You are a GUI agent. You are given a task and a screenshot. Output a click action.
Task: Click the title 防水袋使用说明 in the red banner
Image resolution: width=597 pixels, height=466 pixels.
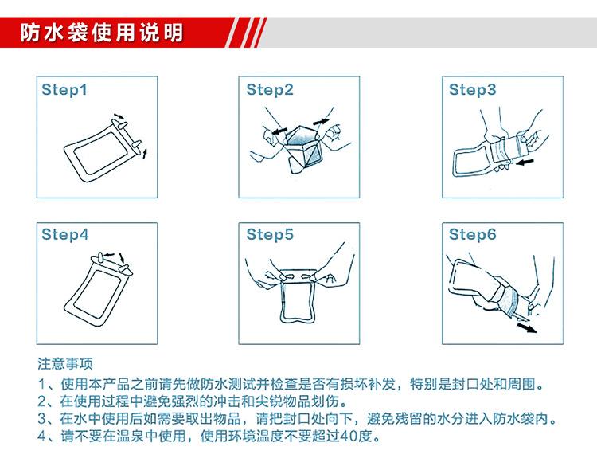[102, 33]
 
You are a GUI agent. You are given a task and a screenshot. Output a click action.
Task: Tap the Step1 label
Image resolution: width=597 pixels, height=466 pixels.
[64, 90]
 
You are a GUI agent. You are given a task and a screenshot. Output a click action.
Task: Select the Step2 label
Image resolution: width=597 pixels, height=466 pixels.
[270, 90]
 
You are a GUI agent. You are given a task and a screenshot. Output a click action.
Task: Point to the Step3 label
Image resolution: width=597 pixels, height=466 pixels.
[473, 90]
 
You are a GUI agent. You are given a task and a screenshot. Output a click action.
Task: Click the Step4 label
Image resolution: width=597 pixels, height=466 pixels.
[64, 234]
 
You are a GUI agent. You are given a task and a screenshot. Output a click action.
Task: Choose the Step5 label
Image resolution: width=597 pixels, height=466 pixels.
[270, 234]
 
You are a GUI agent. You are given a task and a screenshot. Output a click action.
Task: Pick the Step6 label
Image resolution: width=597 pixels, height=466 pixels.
[473, 234]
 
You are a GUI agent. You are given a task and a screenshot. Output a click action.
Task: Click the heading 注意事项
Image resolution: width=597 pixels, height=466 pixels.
[65, 364]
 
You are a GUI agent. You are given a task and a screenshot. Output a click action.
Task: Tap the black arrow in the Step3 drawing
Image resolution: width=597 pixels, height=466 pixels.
[525, 163]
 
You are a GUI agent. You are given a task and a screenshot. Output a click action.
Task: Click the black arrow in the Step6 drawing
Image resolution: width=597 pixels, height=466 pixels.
[527, 328]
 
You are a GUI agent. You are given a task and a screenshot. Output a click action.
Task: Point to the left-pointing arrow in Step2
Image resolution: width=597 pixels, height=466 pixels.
[280, 131]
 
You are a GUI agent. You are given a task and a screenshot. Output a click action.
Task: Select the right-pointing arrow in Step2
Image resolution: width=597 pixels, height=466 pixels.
[321, 122]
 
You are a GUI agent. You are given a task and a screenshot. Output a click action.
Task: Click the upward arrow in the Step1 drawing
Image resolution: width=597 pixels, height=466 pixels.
[144, 154]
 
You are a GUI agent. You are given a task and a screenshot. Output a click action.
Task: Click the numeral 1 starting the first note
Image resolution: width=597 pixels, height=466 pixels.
[42, 384]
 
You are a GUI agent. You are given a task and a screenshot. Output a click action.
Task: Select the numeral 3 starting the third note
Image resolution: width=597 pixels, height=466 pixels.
[42, 418]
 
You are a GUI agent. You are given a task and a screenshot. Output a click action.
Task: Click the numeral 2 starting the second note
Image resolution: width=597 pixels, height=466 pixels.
[42, 401]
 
